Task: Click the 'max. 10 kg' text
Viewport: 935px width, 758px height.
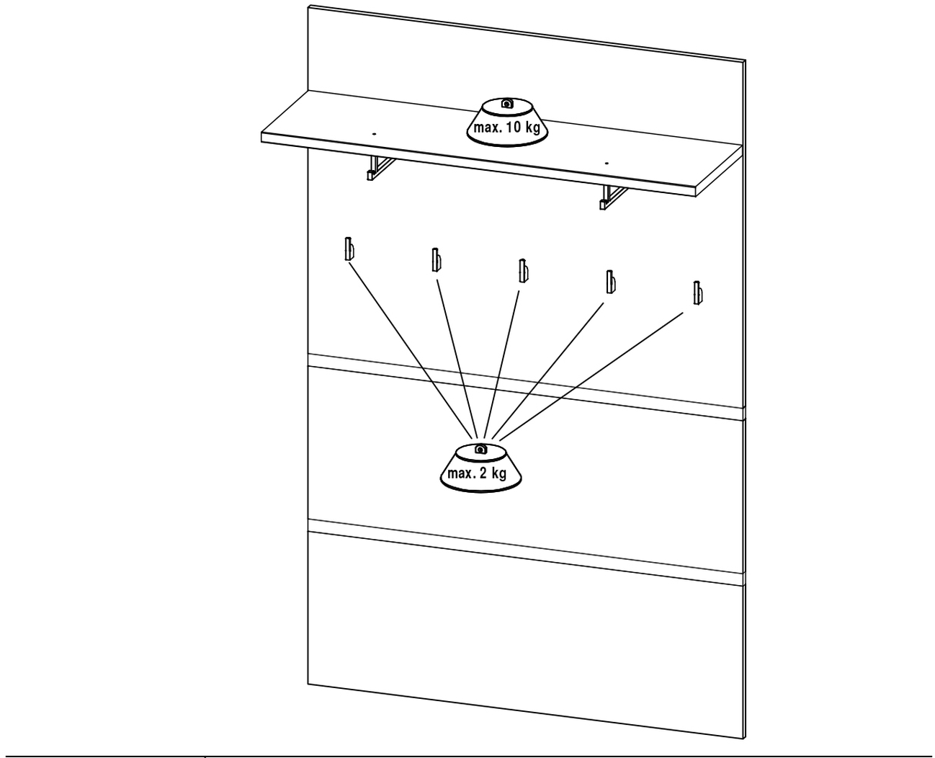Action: click(506, 128)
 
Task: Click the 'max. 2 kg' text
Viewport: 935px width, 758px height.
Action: click(477, 473)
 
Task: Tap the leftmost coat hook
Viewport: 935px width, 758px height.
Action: click(349, 249)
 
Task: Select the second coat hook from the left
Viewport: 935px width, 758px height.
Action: click(436, 260)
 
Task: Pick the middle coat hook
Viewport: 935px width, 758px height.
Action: click(523, 271)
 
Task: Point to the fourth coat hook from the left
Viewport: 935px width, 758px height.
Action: click(610, 282)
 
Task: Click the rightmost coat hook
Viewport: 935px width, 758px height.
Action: click(697, 293)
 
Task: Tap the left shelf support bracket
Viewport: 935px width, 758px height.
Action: click(380, 168)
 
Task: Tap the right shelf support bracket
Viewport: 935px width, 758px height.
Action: click(613, 197)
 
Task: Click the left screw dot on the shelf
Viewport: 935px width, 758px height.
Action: click(374, 133)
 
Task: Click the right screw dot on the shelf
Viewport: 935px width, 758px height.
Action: click(607, 164)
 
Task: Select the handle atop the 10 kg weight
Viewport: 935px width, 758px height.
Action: click(507, 104)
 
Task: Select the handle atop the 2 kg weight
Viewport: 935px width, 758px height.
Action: click(480, 449)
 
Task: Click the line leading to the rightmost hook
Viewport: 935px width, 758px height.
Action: click(591, 376)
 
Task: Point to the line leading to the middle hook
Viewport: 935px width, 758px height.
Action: click(501, 365)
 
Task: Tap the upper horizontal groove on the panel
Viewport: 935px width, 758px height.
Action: click(526, 387)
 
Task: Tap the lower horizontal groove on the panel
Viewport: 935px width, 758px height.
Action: click(526, 553)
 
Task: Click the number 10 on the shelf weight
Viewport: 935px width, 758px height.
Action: click(514, 128)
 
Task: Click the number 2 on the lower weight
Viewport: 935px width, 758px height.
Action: click(483, 473)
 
